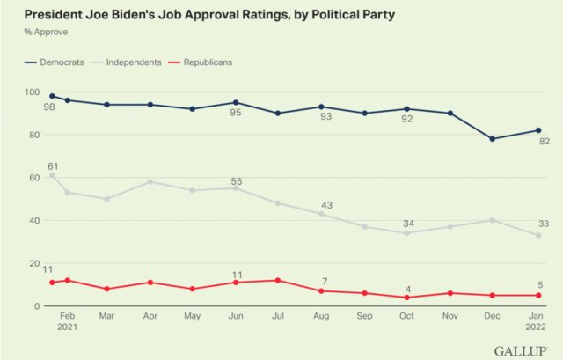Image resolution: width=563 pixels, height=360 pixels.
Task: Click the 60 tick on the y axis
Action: point(34,178)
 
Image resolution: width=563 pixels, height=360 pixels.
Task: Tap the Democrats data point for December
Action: point(492,139)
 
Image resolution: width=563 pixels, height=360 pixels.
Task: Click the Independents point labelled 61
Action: point(52,175)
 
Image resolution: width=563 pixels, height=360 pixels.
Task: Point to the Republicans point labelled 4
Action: point(407,298)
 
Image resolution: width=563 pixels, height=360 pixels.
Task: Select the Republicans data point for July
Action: point(278,281)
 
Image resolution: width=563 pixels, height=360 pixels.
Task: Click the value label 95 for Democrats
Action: point(236,114)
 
